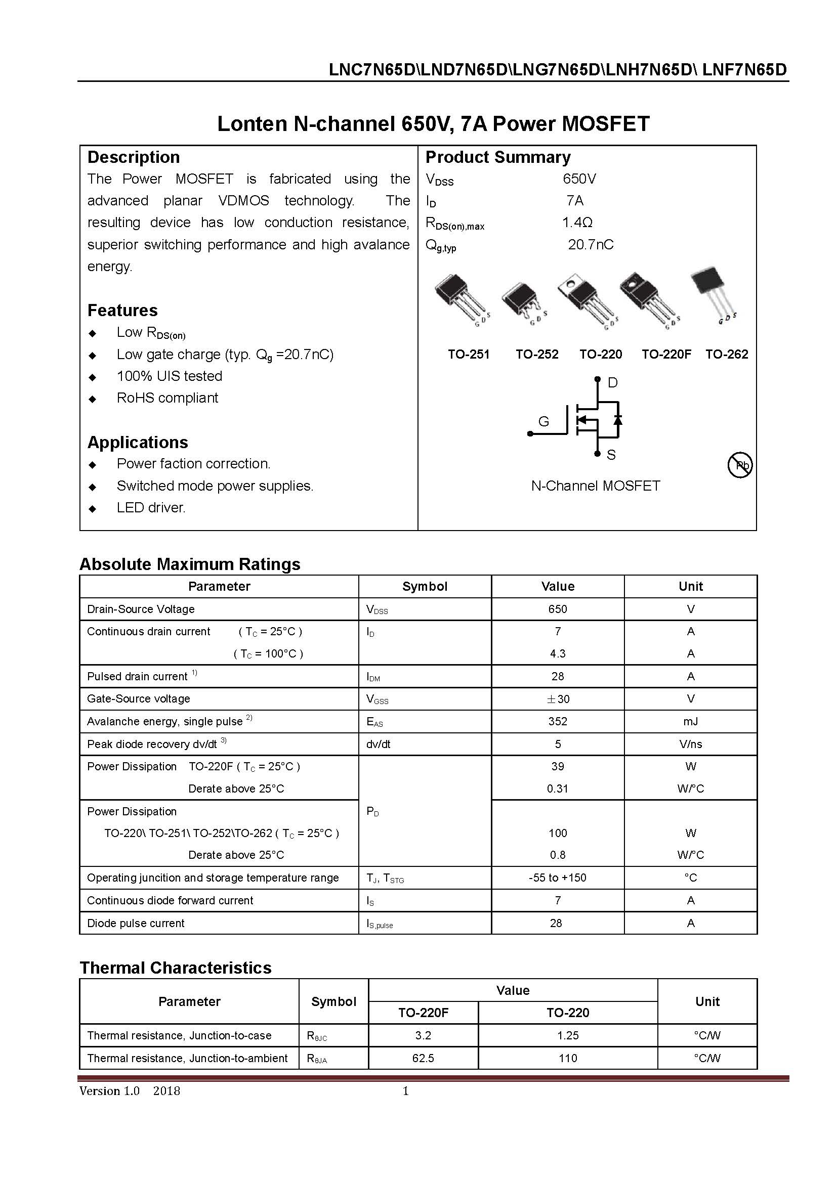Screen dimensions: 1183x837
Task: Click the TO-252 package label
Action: click(x=536, y=354)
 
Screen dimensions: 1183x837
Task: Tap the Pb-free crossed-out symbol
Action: click(x=740, y=465)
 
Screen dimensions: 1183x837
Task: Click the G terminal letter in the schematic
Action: click(x=543, y=421)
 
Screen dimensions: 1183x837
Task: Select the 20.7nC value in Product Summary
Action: click(x=591, y=244)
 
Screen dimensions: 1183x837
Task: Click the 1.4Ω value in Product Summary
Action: click(x=577, y=222)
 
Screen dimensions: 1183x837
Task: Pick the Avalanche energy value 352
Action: click(x=557, y=721)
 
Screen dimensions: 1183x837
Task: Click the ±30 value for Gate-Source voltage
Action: click(x=557, y=698)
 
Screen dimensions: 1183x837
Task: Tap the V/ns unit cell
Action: click(x=690, y=744)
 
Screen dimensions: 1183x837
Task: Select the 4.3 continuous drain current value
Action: click(x=557, y=653)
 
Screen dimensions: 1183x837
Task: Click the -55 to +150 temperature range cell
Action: click(x=557, y=878)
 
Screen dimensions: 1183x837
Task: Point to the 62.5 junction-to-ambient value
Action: click(x=423, y=1058)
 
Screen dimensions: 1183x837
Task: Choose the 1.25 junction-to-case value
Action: click(x=567, y=1035)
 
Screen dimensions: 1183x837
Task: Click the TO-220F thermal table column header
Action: click(x=423, y=1013)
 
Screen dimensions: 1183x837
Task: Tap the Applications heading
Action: click(x=138, y=442)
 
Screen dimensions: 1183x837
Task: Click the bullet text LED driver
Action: click(x=150, y=507)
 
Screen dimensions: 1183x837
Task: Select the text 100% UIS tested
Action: click(x=169, y=376)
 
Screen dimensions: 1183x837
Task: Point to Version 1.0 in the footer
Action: click(x=109, y=1091)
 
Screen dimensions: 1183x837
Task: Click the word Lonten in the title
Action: click(x=252, y=123)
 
